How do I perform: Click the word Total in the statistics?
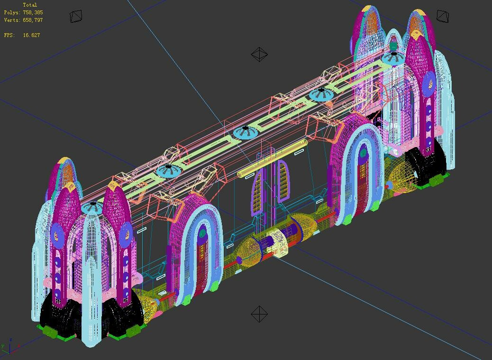click(30, 5)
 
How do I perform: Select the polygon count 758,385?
click(33, 12)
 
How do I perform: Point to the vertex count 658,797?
click(33, 20)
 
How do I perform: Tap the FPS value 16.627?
click(31, 35)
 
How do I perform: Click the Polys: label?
click(12, 12)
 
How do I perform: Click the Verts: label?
click(12, 20)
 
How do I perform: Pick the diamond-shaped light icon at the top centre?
click(259, 54)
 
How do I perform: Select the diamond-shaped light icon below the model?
click(259, 314)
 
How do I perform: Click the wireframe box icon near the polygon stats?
click(76, 16)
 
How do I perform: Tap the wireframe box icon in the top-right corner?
click(442, 16)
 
